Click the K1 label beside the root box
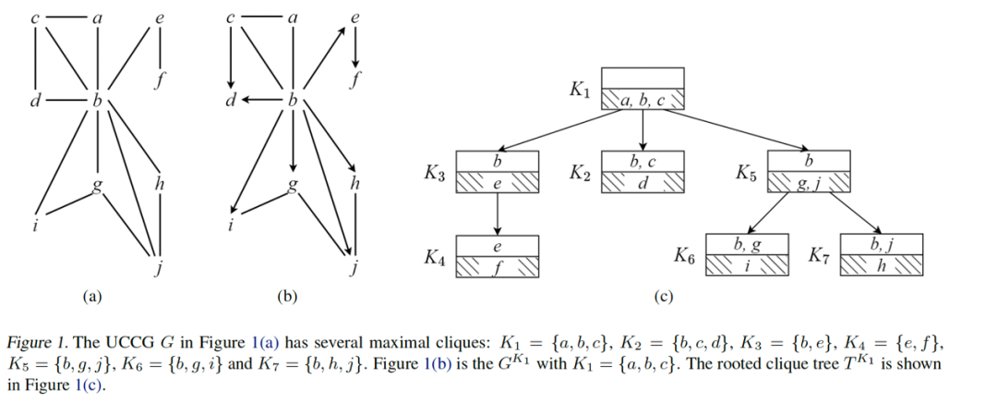point(580,91)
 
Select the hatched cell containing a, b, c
point(642,100)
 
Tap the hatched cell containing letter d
point(643,183)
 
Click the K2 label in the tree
point(580,173)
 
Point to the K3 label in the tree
point(436,173)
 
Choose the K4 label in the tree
point(436,258)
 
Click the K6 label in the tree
point(685,256)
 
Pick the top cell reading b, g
point(748,245)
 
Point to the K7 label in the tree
point(820,254)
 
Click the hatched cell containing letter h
point(883,265)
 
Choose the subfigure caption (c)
point(664,298)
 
